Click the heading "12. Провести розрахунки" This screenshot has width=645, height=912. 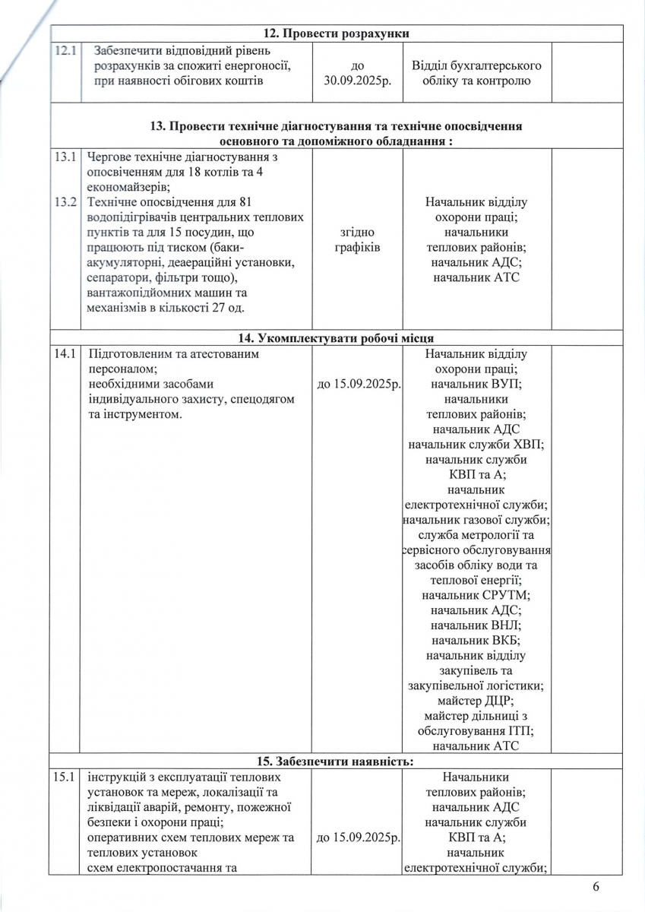[x=334, y=33]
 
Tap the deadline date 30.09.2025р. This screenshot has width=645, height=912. [x=357, y=81]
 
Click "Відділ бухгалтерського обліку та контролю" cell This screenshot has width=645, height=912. [x=476, y=73]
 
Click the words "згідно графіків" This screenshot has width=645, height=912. [x=357, y=239]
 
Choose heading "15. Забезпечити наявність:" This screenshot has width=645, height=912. [x=335, y=761]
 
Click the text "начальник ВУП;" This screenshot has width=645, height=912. [x=476, y=384]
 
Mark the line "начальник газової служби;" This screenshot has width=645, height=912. [x=476, y=520]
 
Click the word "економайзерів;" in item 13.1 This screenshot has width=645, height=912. [x=129, y=188]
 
